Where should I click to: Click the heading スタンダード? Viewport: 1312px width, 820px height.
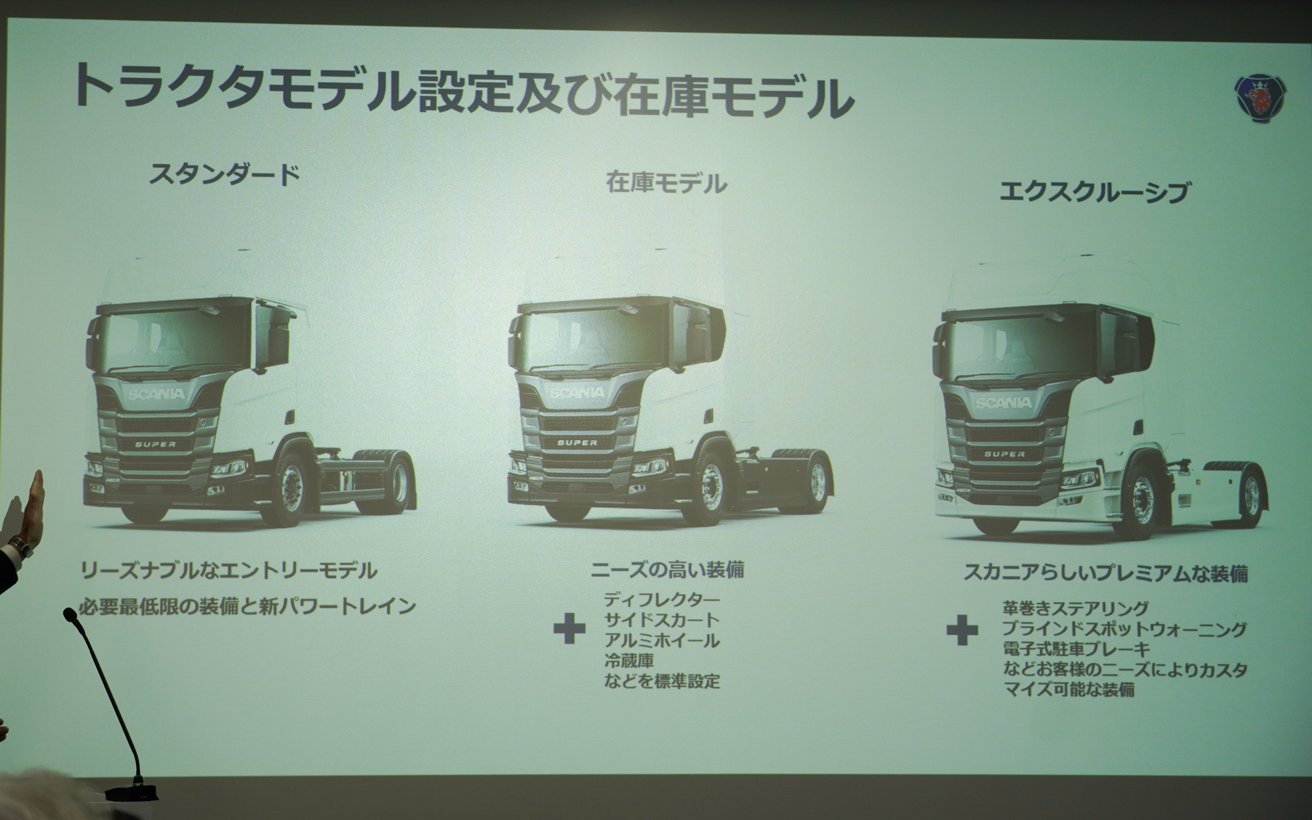point(225,175)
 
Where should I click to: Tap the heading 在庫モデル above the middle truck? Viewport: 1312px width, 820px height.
point(666,183)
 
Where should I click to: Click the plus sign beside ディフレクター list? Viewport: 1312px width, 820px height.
point(569,629)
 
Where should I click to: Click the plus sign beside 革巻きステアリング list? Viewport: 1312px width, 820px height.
point(962,630)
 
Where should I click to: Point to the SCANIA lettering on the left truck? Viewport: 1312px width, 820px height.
point(156,394)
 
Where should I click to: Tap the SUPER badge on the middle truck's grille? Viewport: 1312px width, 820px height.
point(577,443)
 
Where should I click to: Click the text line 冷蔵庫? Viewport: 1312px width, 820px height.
point(629,661)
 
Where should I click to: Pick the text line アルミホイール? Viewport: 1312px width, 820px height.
point(661,640)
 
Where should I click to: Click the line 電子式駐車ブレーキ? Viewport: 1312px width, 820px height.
point(1076,649)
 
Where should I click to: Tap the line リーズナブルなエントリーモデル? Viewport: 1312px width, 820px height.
point(229,570)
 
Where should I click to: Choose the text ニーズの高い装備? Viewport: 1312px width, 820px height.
point(666,569)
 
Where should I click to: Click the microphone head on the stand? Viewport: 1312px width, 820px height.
point(70,616)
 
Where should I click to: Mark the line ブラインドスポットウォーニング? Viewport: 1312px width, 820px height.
point(1124,629)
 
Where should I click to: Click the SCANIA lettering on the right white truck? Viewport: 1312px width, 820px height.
point(1003,403)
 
